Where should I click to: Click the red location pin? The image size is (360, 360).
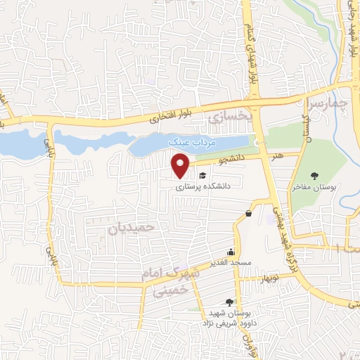coord(181,167)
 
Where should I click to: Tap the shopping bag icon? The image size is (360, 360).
coord(249,213)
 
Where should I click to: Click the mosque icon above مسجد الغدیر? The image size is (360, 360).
coord(231,252)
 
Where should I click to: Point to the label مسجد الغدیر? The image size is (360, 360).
coord(230,263)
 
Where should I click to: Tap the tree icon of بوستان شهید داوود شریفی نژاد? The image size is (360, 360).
coord(229,301)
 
